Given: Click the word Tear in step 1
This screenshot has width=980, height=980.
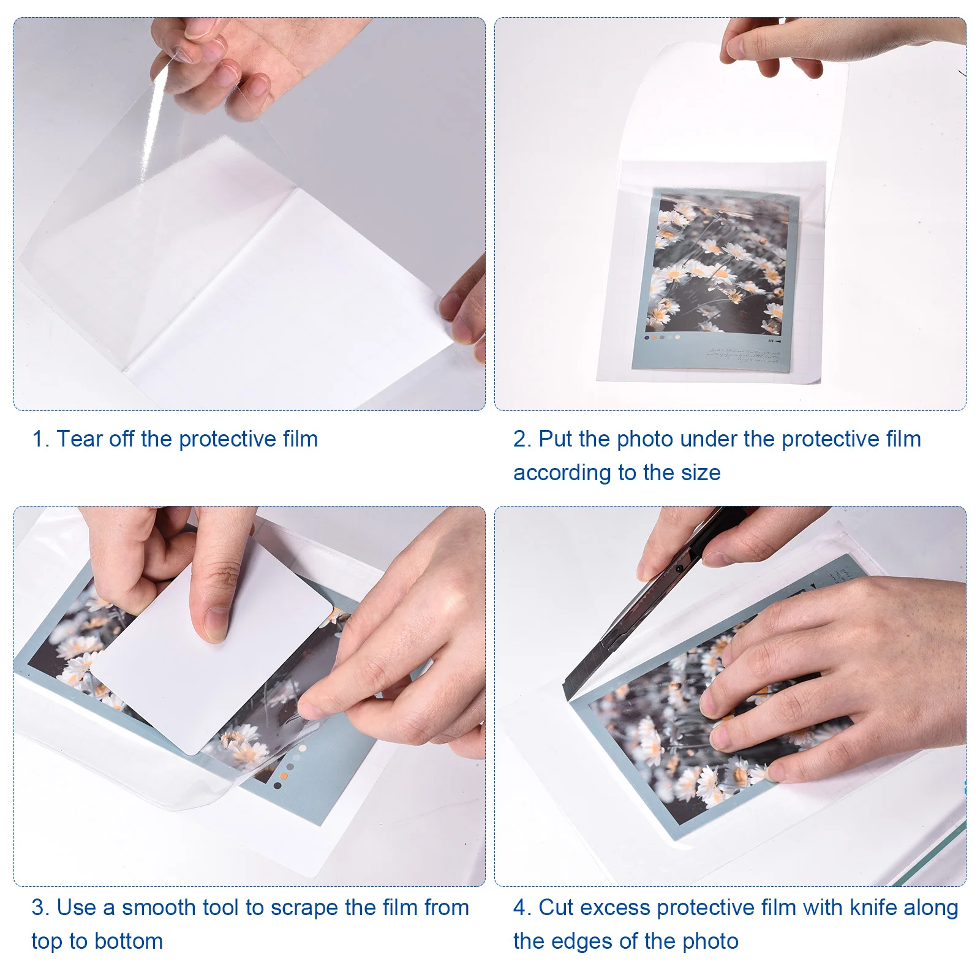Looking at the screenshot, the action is (80, 439).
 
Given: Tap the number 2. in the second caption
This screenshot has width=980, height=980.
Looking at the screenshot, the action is (522, 439).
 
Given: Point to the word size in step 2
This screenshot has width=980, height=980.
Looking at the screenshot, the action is (701, 473).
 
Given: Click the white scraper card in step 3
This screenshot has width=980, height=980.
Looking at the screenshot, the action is (211, 649).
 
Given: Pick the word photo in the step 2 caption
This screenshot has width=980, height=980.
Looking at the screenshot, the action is (645, 439).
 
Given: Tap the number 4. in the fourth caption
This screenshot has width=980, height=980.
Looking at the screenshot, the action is (522, 907).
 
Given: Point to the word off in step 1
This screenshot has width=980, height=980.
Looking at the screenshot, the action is (122, 439).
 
